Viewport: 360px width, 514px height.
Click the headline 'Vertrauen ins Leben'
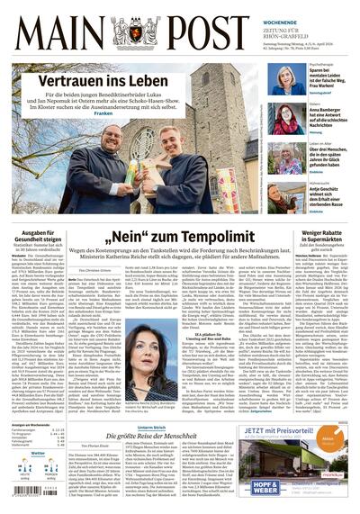(100, 81)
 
